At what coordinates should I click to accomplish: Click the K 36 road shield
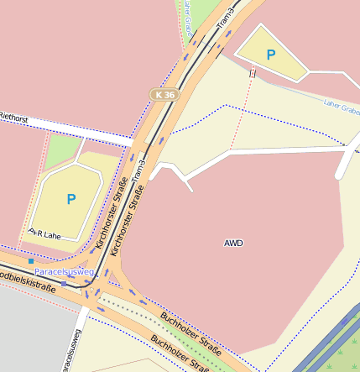(164, 95)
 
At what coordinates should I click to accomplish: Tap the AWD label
(233, 243)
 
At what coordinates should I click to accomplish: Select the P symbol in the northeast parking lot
(270, 55)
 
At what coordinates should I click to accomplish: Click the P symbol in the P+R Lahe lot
(70, 199)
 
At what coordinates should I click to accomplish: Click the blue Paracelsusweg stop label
(65, 273)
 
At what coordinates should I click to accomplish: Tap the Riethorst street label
(14, 119)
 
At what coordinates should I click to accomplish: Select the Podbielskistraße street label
(28, 280)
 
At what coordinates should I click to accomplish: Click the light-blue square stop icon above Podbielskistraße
(31, 261)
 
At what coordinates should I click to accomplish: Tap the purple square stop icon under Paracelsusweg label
(63, 283)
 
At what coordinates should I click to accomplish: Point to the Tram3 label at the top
(224, 18)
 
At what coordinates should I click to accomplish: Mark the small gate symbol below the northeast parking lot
(252, 73)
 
